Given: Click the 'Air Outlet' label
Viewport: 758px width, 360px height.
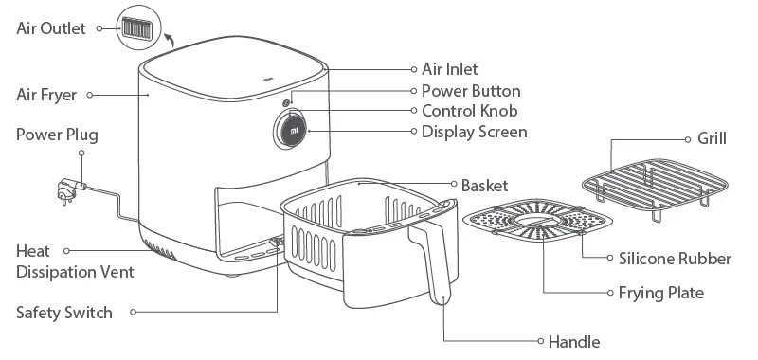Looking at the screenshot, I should coord(50,27).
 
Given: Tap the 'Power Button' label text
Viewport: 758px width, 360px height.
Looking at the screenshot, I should coord(471,91).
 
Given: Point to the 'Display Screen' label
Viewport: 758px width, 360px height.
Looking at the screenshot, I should coord(474,131).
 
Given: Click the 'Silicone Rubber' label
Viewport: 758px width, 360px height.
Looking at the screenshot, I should coord(675,259).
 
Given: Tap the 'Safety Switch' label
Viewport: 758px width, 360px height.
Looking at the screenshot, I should coord(64,312).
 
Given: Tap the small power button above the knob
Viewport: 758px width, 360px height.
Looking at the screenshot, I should coord(286,99).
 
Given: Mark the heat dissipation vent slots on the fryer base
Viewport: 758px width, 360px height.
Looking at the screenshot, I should coord(162,253).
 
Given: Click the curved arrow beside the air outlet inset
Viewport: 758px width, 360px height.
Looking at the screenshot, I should coord(170,38).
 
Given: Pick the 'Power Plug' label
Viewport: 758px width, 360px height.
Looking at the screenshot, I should coord(57,135).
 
